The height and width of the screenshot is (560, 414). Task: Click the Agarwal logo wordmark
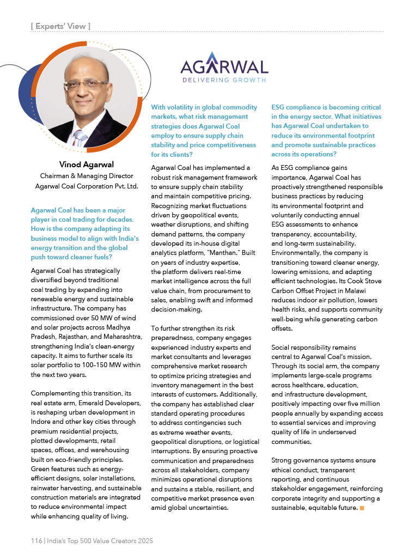tap(224, 66)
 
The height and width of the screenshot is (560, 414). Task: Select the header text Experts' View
tap(60, 26)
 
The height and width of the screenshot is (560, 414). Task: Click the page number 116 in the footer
tap(36, 541)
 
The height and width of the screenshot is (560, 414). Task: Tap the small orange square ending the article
tap(362, 508)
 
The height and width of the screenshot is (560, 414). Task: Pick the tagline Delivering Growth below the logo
tap(224, 80)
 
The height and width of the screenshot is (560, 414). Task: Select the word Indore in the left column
tap(41, 422)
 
